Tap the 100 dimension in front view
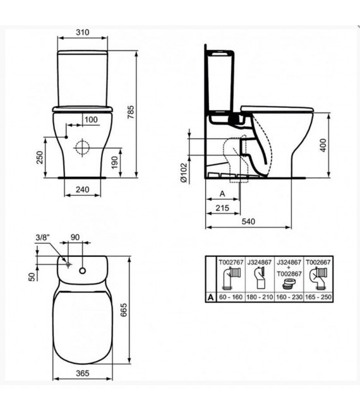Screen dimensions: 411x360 tap(91, 120)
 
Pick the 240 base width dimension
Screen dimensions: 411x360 tap(83, 189)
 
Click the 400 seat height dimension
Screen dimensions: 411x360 tap(341, 145)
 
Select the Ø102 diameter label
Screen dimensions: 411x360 tap(183, 172)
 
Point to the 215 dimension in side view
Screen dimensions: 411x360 tap(222, 207)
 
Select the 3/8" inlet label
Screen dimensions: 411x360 tap(42, 238)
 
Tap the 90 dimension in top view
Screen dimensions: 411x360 tap(75, 238)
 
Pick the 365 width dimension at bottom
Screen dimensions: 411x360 tap(83, 373)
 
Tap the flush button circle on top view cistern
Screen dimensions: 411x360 tap(83, 270)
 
